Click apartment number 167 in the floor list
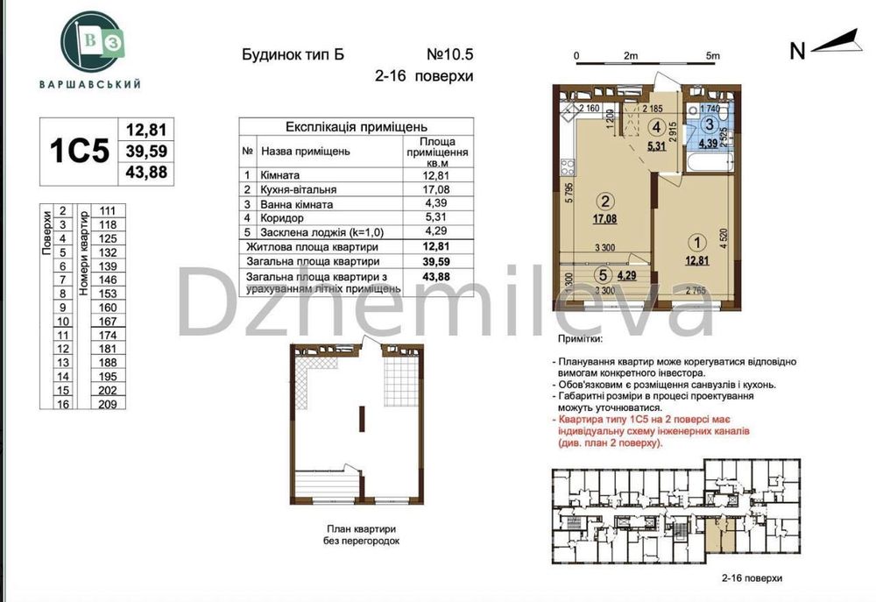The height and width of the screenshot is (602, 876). pos(108,322)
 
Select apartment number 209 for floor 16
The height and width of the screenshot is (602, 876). pos(108,405)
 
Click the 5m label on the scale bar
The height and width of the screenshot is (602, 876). pos(712,55)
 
